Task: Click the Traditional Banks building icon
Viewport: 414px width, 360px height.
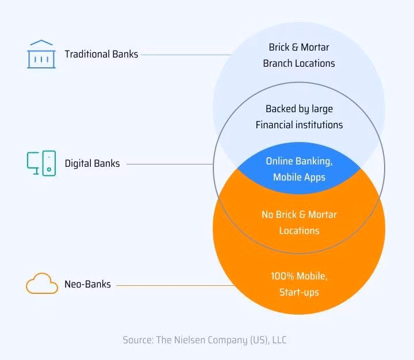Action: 41,54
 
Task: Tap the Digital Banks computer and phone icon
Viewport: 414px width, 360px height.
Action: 41,163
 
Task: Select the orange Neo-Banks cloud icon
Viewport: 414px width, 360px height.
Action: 42,284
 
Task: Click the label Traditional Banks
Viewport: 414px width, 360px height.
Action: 101,55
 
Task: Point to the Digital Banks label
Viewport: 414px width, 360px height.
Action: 92,163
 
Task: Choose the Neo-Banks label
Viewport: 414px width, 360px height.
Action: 88,284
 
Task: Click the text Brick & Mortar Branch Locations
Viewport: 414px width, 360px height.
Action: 299,55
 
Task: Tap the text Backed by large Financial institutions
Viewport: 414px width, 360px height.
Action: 299,117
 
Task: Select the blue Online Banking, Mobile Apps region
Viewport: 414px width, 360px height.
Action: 299,169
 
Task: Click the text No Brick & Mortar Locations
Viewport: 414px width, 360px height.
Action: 299,223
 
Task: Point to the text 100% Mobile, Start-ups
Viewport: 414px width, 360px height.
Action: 299,284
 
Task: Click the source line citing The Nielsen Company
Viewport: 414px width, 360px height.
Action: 204,340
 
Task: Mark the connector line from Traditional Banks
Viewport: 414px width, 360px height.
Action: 184,55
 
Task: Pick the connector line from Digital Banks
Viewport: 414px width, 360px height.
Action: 170,164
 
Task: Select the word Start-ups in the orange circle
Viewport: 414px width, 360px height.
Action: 299,292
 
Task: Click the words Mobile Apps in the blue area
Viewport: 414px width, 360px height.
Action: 299,177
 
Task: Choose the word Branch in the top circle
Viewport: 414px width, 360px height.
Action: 278,63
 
